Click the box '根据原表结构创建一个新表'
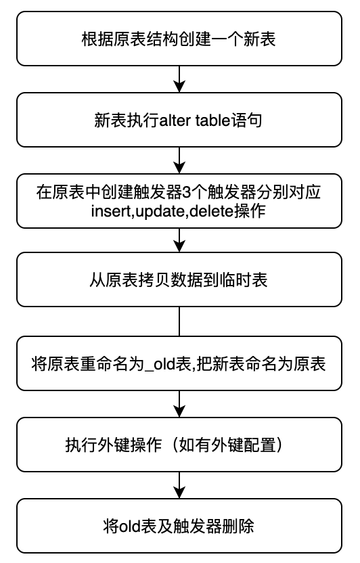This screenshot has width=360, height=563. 179,38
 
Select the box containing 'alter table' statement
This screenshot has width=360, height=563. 179,120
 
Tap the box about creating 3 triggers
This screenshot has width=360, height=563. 179,201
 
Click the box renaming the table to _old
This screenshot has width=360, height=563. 179,364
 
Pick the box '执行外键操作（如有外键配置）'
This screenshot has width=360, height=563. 179,445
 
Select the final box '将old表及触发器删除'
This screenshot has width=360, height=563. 179,526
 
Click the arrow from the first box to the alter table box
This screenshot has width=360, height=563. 179,78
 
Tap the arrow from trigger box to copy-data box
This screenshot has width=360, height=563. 179,241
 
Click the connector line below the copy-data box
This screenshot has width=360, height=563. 179,322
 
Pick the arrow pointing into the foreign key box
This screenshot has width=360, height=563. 179,404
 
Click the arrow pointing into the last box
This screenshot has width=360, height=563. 179,485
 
